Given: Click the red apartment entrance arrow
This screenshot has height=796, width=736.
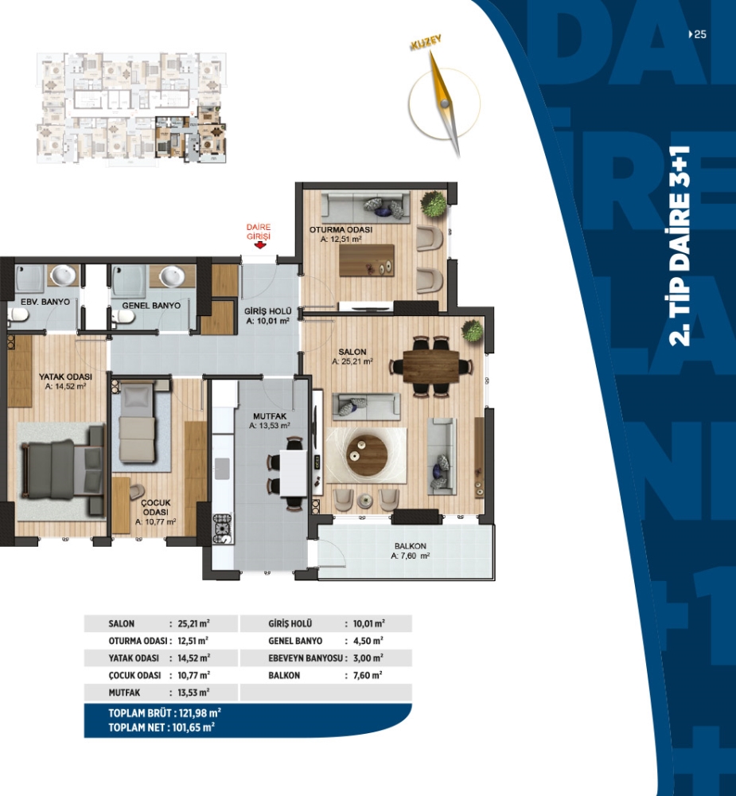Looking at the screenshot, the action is pos(260,245).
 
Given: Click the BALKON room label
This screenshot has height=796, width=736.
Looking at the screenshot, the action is pos(410,546).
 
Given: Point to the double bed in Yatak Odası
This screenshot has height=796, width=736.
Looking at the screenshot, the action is pos(62,470).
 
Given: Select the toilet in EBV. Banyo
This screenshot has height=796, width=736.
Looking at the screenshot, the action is pos(17,316).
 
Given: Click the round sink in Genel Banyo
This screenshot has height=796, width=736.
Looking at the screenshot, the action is pos(172,277).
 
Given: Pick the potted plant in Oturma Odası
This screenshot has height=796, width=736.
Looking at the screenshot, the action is pos(434,204).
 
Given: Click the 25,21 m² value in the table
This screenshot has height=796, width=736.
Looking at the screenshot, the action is pos(194,623).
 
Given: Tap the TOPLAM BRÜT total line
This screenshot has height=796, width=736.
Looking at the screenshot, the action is pos(165,712).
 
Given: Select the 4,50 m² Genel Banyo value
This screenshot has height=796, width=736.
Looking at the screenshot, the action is pos(368,641).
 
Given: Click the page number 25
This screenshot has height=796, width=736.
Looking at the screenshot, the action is pos(698,34).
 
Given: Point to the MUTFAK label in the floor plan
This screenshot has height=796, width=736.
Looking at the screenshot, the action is pos(270,417).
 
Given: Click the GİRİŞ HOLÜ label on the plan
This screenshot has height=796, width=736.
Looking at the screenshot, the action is pos(267,311).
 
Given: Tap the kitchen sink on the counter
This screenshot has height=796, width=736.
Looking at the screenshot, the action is pos(222,468).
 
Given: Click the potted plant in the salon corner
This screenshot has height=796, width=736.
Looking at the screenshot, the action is pos(472,331).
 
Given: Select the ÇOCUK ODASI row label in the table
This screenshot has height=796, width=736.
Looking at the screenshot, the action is pos(134,675).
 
